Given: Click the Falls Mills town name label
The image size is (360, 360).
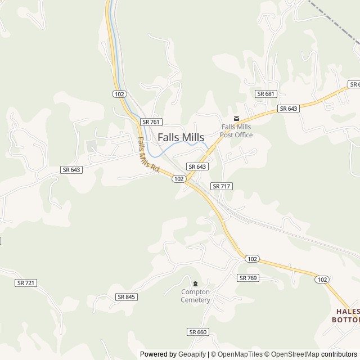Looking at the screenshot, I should point(181,137).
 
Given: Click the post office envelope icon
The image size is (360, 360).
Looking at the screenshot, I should point(236,119).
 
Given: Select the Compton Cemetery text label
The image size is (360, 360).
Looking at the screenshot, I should point(195,296).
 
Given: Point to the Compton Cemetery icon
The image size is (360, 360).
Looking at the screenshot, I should point(195,283).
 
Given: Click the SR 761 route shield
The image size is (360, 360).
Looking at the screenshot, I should point(151,121).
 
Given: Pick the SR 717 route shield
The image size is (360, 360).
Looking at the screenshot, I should point(222,186).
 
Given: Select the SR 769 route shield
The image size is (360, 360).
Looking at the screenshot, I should point(247,278).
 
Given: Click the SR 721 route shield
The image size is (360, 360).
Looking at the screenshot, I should point(26,283).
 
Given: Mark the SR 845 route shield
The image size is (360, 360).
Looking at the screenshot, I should point(127,296).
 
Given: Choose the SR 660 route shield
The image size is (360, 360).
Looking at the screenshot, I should point(198,332).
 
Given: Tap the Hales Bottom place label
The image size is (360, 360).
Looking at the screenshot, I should point(347,315).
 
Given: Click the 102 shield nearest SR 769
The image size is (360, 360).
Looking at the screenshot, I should point(252,259).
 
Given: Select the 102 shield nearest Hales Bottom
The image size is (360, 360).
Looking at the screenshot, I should point(322,279).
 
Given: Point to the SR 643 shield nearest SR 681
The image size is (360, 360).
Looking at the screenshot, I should point(288,109).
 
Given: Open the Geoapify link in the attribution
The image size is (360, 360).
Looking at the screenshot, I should point(192,354).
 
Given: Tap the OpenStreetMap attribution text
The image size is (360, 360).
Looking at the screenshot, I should point(292,354).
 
